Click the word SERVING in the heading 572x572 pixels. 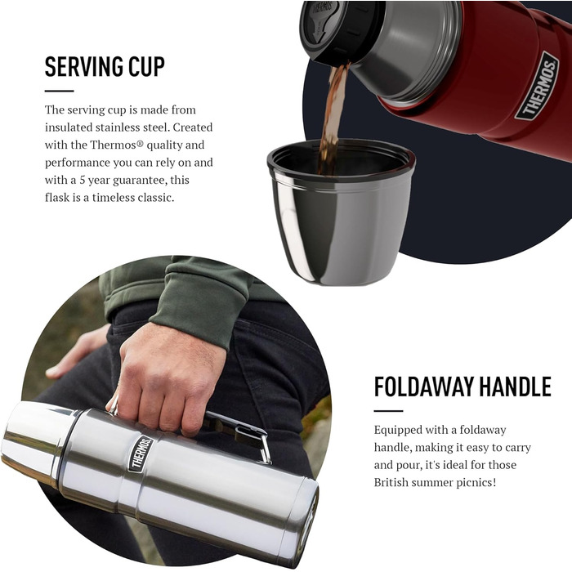pos(83,66)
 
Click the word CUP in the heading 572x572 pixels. pos(146,66)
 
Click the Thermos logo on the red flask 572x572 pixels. pos(537,86)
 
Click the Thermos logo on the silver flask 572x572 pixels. pos(140,454)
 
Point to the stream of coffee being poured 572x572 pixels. pos(333,117)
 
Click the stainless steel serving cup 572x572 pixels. pos(341,212)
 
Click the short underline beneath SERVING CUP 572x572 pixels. pos(59,91)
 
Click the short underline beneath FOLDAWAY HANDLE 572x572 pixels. pos(388,411)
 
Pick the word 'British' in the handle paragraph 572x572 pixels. pos(392,482)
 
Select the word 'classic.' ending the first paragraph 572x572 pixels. pos(156,198)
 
